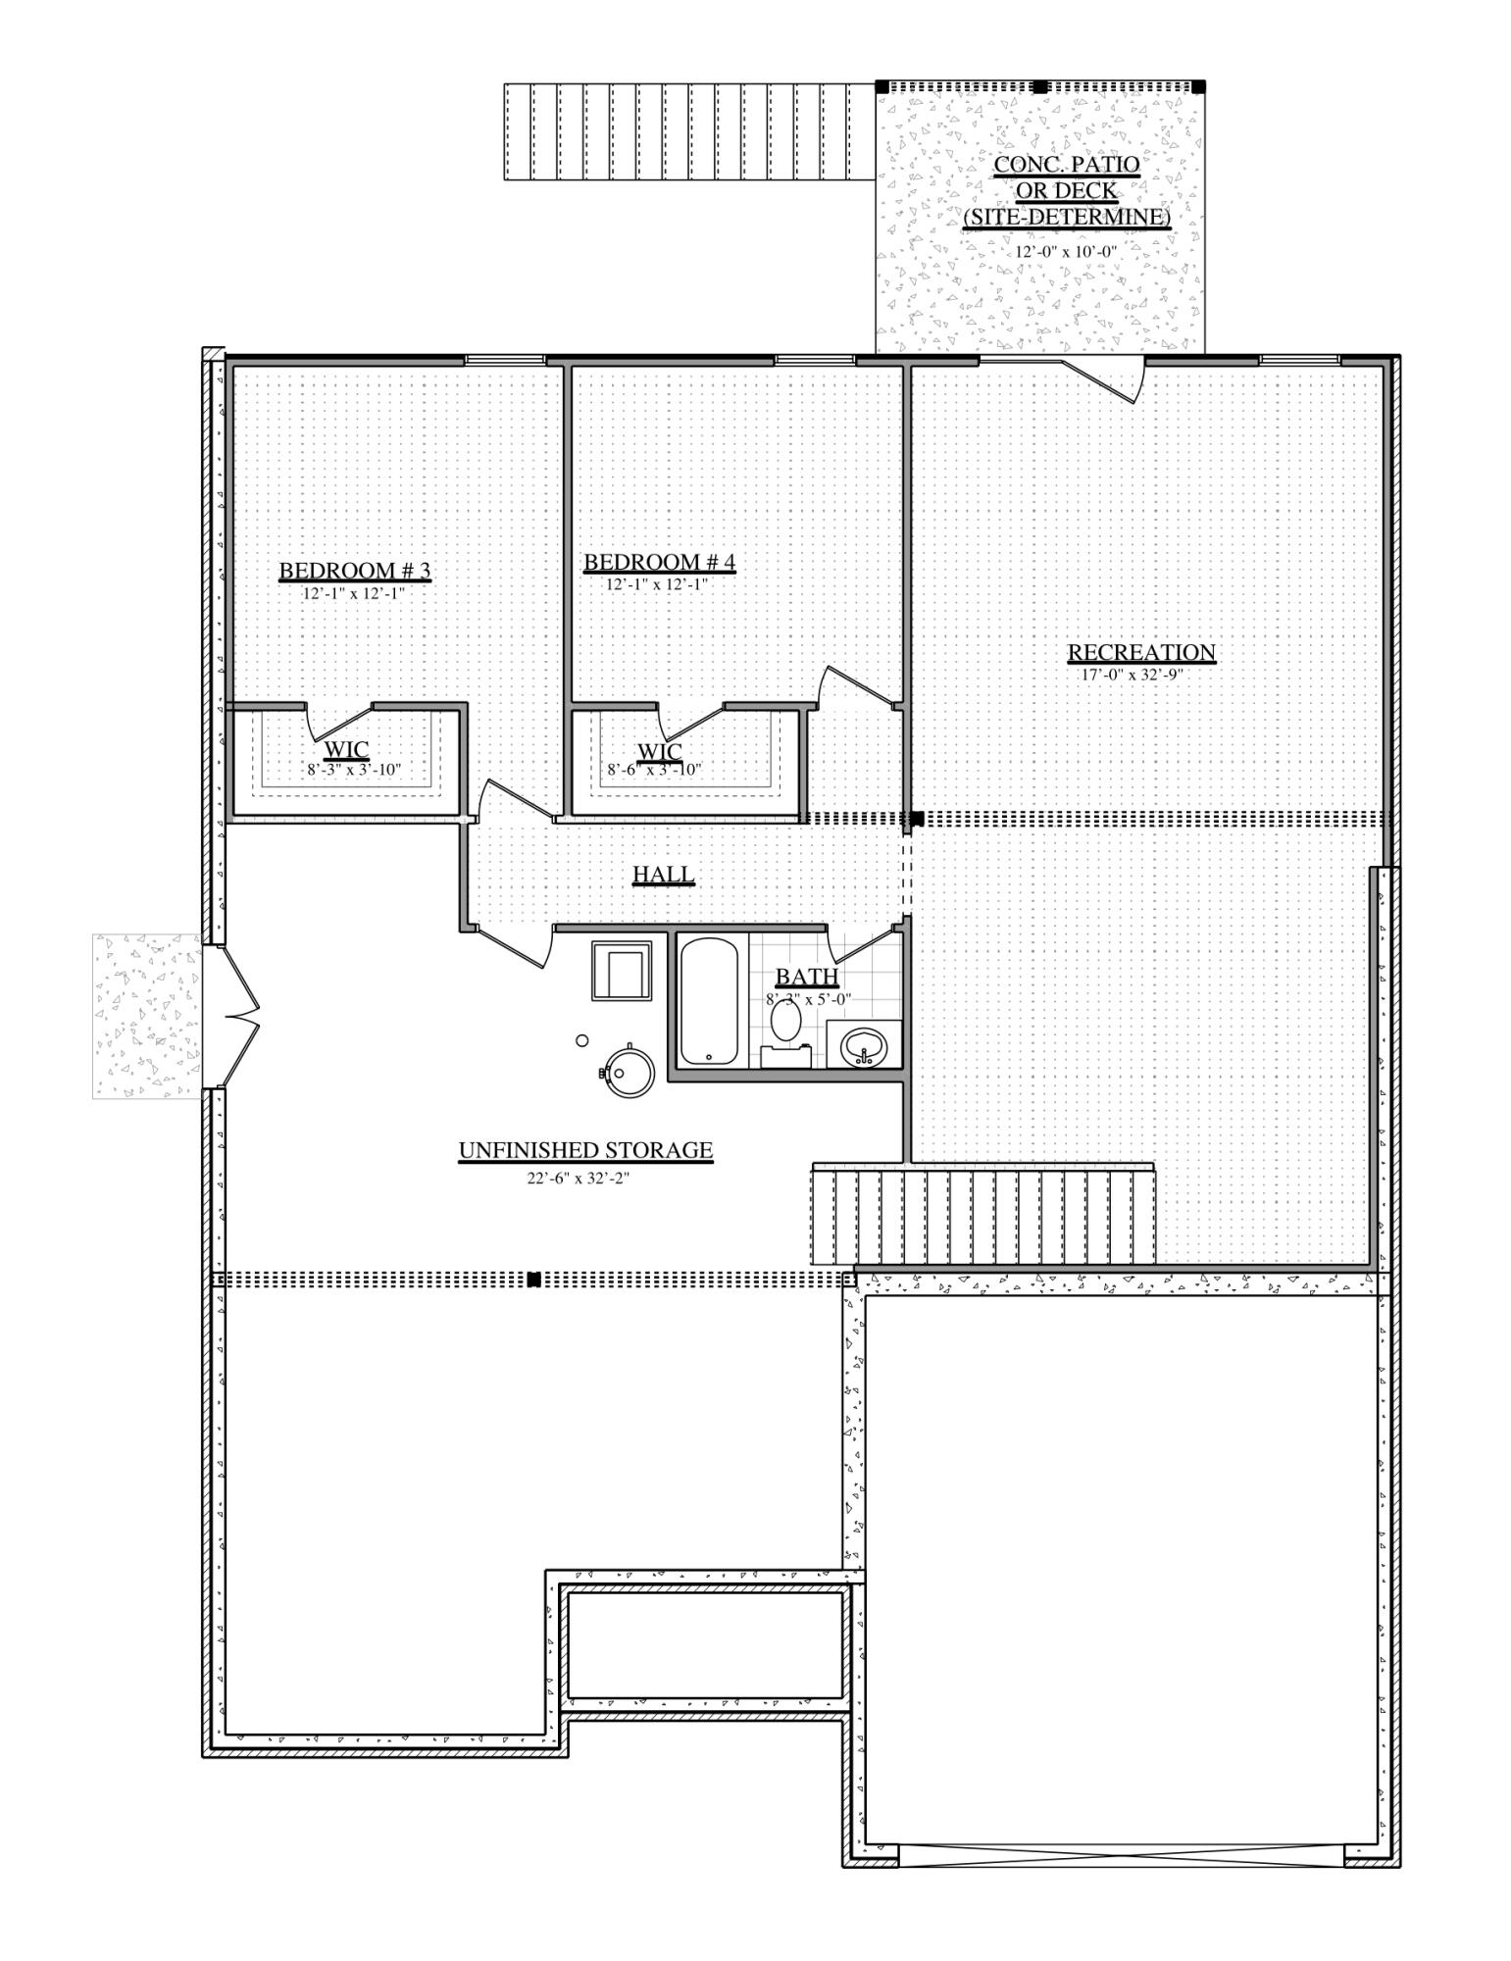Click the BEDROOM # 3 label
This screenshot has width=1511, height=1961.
click(x=355, y=571)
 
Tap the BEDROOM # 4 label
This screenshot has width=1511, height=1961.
click(x=659, y=562)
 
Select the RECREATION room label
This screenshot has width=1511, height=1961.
click(x=1140, y=652)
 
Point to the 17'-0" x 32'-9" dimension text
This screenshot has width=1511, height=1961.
click(x=1133, y=675)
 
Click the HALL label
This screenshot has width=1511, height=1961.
click(x=663, y=874)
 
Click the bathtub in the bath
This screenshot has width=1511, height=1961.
click(x=708, y=1000)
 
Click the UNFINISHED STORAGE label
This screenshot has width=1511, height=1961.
click(x=585, y=1150)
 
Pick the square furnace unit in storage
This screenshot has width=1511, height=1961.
click(x=622, y=971)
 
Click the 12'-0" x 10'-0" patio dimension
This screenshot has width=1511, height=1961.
click(x=1066, y=250)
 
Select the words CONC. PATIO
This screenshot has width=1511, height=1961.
click(x=1067, y=164)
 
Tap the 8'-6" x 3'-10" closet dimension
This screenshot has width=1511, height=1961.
click(x=654, y=770)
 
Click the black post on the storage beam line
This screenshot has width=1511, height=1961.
click(x=534, y=1279)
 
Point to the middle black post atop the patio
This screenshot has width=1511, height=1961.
click(x=1040, y=86)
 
